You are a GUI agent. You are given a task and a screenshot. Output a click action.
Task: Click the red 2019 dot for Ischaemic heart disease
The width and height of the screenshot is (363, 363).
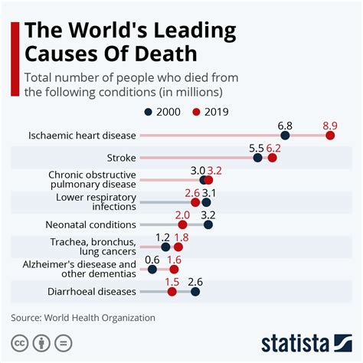(330, 136)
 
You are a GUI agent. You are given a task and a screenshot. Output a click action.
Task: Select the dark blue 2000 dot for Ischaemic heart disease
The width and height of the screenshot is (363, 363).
(285, 136)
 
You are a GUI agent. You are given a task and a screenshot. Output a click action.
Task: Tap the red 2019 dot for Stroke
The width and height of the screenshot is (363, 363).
(273, 158)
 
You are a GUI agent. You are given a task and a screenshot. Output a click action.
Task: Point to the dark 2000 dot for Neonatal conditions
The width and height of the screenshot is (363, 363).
(208, 225)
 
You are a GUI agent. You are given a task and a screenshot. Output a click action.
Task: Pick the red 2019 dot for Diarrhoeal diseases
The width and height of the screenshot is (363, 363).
(172, 292)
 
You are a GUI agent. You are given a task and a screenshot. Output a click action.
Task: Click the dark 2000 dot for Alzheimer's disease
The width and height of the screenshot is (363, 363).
(152, 270)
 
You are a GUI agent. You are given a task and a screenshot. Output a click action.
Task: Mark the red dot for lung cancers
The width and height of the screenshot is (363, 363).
(178, 247)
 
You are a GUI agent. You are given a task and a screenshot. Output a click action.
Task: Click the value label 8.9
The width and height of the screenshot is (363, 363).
(330, 123)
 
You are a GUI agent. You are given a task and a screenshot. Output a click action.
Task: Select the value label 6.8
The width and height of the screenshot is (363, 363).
(285, 123)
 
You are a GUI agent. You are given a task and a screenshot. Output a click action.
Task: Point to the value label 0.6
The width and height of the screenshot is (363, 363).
(152, 258)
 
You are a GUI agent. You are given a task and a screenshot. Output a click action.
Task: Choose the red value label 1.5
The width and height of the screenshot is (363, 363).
(172, 280)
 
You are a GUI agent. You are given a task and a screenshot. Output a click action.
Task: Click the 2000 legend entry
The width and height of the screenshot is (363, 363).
(162, 111)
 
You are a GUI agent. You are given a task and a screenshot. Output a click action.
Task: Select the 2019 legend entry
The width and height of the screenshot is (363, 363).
(210, 111)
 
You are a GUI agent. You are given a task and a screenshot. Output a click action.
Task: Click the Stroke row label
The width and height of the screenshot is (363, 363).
(121, 158)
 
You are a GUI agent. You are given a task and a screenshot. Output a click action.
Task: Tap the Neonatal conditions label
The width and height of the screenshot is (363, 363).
(91, 225)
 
